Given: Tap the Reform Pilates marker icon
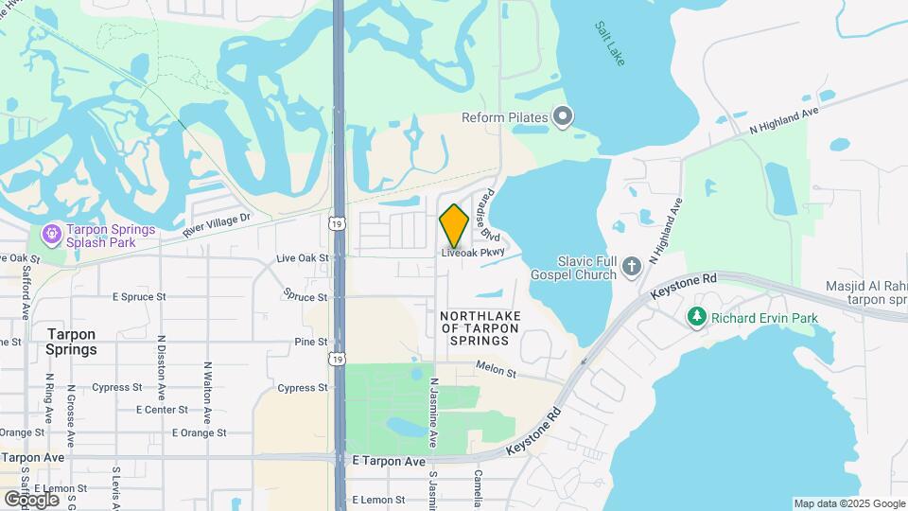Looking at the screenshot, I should [564, 117].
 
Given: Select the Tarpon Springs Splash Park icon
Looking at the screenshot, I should [51, 232].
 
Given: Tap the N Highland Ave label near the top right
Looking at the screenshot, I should [782, 119].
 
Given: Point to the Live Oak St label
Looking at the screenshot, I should [302, 257].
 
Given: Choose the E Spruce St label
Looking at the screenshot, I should [139, 296].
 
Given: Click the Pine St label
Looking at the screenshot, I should [310, 342].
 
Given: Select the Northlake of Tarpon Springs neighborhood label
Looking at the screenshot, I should [480, 327].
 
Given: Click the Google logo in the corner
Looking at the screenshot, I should [30, 499].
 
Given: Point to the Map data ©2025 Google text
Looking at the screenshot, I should [849, 503].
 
